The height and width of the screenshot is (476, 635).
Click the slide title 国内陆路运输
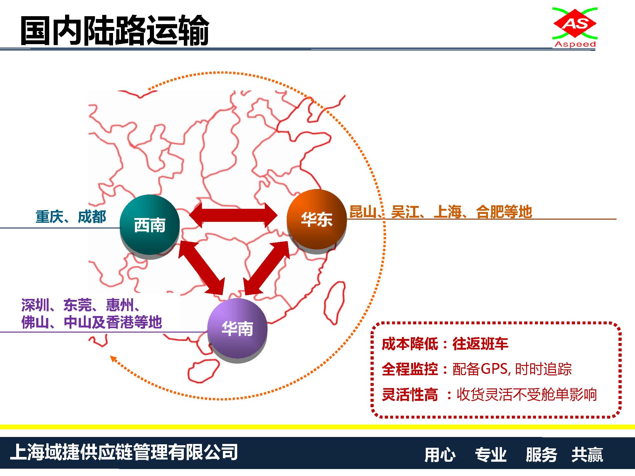point(115,30)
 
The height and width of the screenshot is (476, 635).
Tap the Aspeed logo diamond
point(575,23)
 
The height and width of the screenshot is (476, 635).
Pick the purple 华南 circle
point(237,328)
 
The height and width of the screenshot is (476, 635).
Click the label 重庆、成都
point(70,217)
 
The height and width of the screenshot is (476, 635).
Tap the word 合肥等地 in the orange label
point(504,212)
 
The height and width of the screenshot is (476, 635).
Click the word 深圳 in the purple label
point(35,305)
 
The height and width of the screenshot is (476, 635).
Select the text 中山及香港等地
point(113,322)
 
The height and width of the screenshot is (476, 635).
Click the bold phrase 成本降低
point(410,344)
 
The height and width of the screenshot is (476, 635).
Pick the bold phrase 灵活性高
point(410,395)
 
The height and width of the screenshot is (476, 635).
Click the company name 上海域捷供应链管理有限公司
point(124,452)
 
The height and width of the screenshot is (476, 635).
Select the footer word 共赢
point(587,454)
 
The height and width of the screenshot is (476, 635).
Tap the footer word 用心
point(440,454)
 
